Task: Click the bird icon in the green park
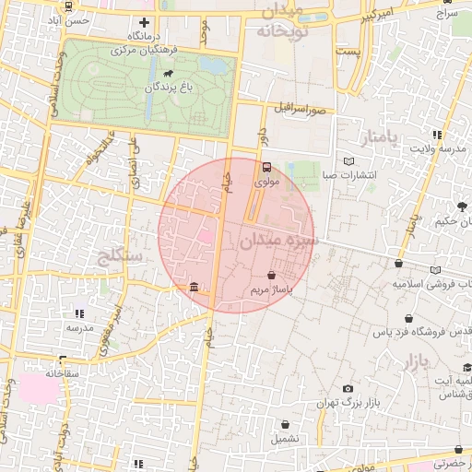[169, 73]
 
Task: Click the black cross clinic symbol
[144, 22]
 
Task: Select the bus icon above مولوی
[266, 168]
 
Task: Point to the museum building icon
[194, 289]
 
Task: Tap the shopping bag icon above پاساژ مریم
[270, 275]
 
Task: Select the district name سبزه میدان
[277, 242]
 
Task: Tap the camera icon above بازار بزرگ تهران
[348, 389]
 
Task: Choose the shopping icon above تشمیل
[286, 425]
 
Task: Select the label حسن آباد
[72, 19]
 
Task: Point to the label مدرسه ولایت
[438, 147]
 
